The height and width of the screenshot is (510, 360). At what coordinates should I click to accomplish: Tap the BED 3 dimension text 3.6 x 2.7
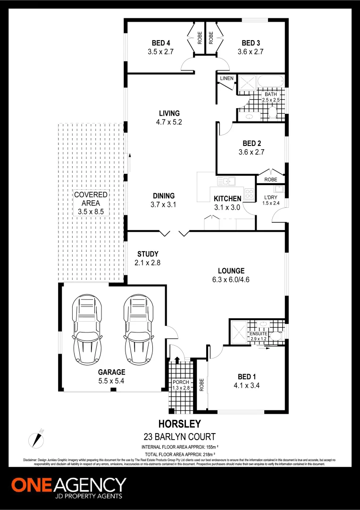coord(250,51)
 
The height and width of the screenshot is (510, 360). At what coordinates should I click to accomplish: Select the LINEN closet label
coord(226,78)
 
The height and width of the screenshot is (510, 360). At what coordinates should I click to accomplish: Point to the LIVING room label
coord(169,113)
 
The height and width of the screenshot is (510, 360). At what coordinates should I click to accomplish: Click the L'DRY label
coord(270,197)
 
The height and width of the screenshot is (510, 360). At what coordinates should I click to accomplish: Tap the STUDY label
coord(148,254)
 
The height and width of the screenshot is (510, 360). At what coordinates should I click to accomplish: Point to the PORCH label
coord(181,382)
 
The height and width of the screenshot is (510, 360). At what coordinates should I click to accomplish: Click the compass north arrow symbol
coord(37,437)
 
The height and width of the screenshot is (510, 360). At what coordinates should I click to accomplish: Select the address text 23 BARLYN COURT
coord(179,436)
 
